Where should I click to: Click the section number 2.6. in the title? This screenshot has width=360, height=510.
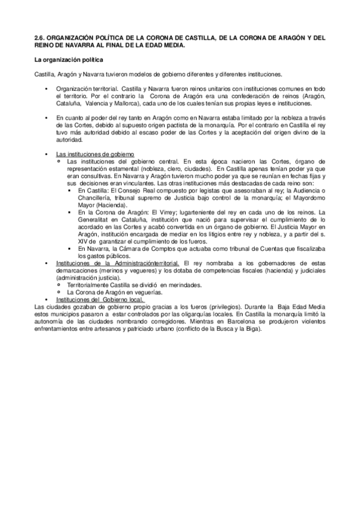40,37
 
